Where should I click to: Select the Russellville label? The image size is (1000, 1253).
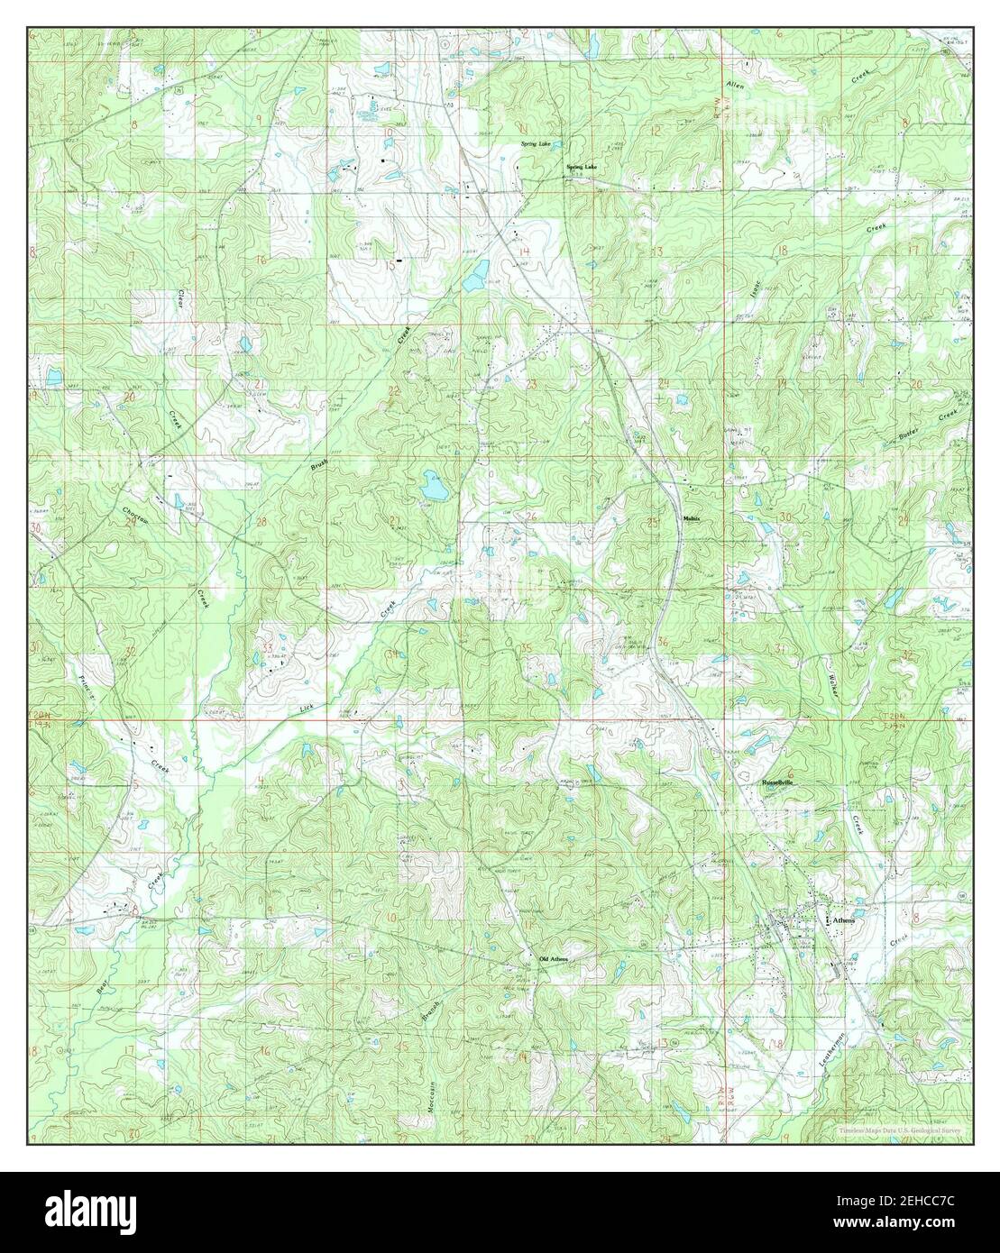pyautogui.click(x=780, y=782)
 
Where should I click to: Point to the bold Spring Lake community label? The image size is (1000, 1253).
pyautogui.click(x=582, y=167)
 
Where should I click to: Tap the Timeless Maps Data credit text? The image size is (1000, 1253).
pyautogui.click(x=899, y=1130)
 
